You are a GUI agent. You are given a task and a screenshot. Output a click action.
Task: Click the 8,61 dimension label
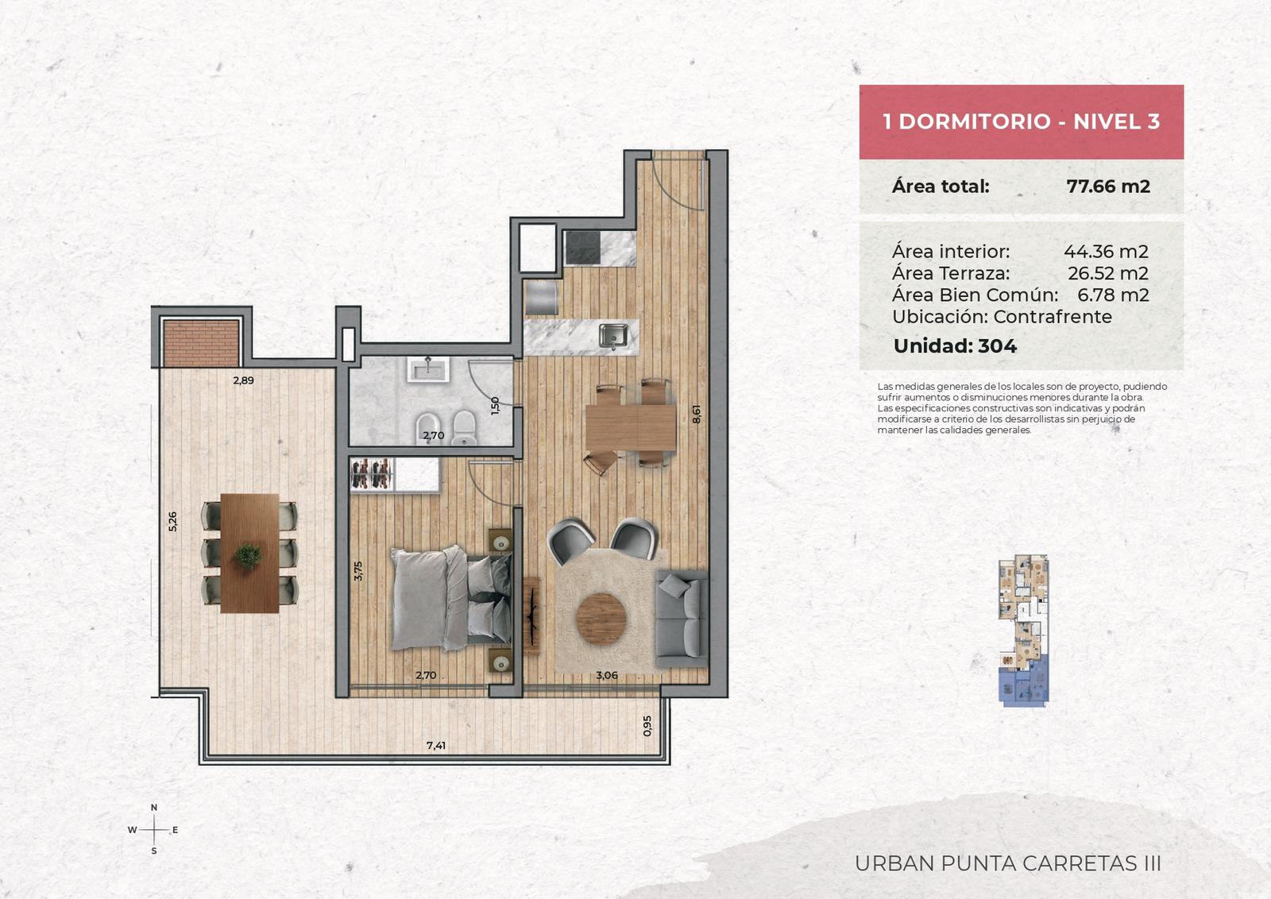pos(697,414)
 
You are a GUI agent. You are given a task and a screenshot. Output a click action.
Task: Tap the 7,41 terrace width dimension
pos(436,745)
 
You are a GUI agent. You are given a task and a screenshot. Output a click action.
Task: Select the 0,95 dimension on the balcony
pos(647,725)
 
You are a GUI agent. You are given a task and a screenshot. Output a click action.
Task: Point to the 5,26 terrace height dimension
pos(172,521)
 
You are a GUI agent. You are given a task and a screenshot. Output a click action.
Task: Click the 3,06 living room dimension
pos(607,675)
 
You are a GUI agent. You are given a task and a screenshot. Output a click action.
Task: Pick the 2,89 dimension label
pos(243,380)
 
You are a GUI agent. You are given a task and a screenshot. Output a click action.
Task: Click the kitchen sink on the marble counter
pos(613,335)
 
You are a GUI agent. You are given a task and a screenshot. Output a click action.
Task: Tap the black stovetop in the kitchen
pos(583,247)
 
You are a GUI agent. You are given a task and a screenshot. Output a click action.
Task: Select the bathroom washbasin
pos(428,368)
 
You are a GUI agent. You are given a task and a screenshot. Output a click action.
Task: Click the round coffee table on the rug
pos(601,619)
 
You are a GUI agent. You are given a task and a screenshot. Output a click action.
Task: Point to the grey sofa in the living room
pos(682,619)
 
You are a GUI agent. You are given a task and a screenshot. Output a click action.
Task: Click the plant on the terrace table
pos(248,556)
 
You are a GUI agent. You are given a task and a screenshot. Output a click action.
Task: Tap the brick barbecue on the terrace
pos(202,343)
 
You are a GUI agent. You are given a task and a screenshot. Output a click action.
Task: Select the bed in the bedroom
pos(452,597)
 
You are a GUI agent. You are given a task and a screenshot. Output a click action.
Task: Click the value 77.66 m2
pos(1108,186)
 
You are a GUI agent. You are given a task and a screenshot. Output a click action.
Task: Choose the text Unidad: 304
pos(955,346)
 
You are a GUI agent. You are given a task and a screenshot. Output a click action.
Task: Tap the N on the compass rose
pos(154,807)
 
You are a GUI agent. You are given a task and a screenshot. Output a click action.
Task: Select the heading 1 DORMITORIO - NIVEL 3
pos(1022,122)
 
